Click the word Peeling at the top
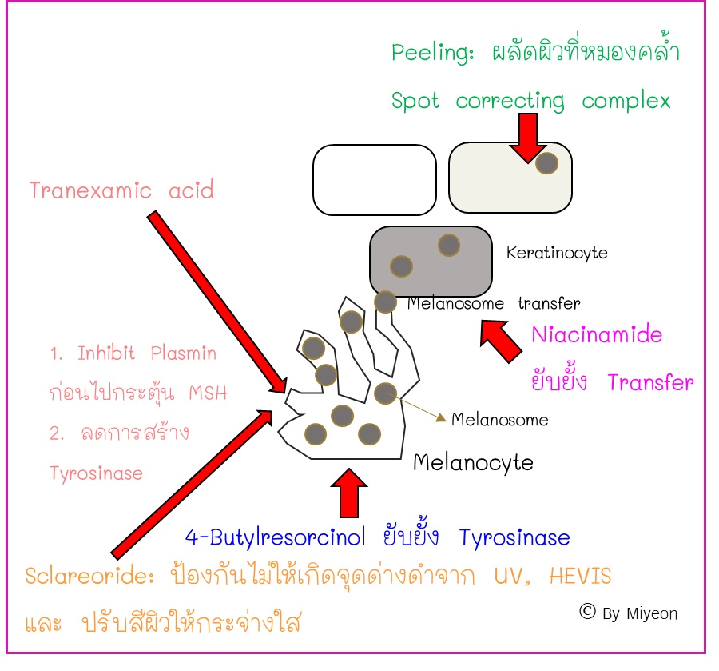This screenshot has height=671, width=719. (422, 54)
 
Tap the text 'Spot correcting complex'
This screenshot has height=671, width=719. (530, 102)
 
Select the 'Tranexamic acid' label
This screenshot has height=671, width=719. (121, 190)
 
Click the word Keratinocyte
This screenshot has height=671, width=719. (557, 253)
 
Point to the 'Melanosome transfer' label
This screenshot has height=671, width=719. (494, 303)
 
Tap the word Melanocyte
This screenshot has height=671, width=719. (473, 462)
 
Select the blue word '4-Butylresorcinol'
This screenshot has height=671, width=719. (276, 537)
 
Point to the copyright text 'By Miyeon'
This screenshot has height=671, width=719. (639, 613)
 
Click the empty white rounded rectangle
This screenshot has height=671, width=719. (375, 180)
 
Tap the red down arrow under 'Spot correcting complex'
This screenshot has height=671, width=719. (528, 136)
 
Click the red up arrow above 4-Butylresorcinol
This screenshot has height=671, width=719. (348, 493)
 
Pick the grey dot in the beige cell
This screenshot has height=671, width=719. (546, 163)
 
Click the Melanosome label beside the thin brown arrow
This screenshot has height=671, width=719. (500, 419)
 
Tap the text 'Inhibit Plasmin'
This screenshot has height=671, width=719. (147, 353)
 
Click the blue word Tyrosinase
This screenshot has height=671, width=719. (514, 537)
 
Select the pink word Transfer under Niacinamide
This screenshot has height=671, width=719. (650, 382)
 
